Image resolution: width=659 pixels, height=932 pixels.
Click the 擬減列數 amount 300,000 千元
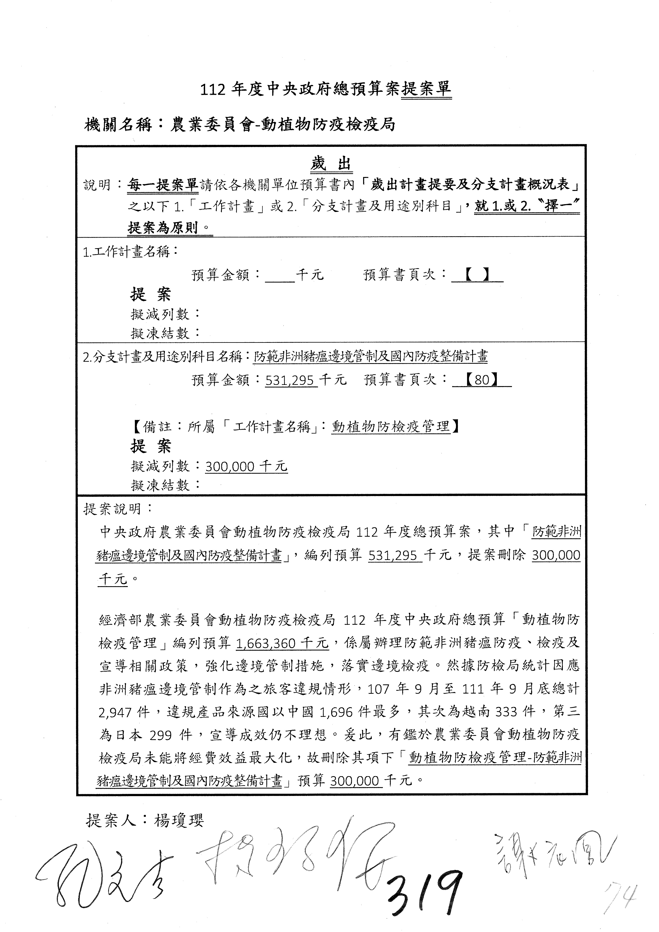click(x=246, y=466)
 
